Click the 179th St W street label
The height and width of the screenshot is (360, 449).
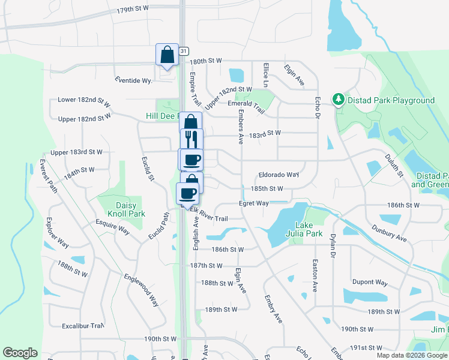(x=133, y=10)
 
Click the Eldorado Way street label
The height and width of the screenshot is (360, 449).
(x=279, y=175)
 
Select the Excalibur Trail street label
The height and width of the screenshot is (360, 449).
(x=83, y=326)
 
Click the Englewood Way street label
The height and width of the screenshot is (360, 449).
(x=141, y=290)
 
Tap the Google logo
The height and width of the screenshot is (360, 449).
(x=20, y=353)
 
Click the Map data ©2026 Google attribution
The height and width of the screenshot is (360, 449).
(x=412, y=355)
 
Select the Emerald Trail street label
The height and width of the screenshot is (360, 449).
(x=246, y=106)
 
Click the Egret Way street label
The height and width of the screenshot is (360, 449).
(x=254, y=203)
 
